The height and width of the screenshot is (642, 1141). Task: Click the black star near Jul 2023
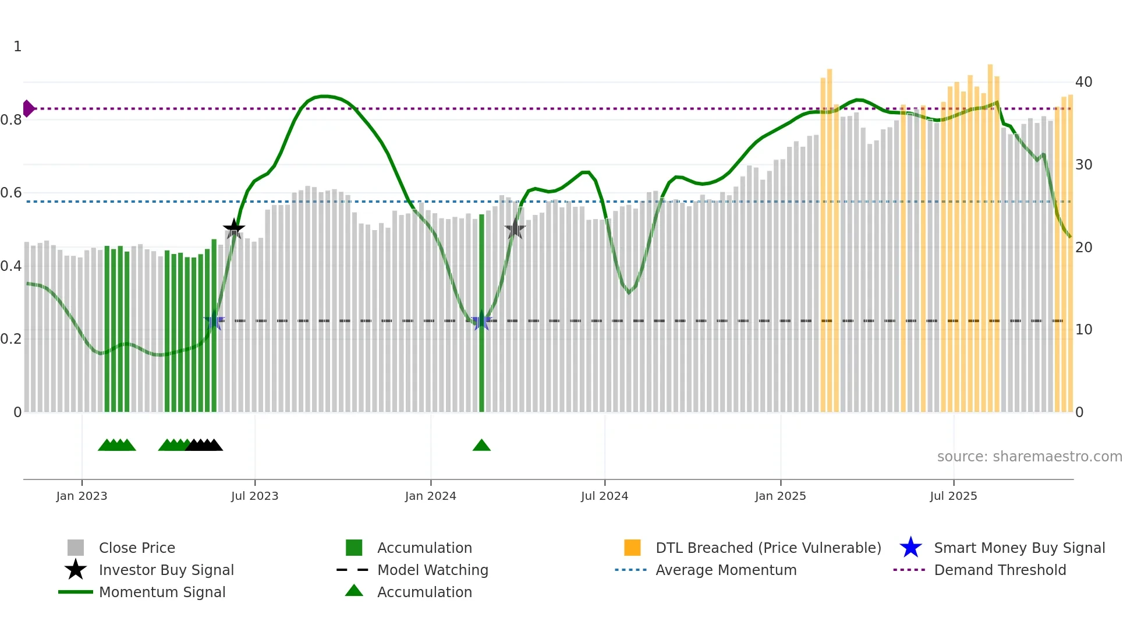click(x=234, y=228)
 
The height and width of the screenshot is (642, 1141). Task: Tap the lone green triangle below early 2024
click(x=481, y=446)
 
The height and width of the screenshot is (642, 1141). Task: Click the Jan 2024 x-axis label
click(x=430, y=496)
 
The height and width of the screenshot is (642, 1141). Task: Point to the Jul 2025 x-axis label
click(x=953, y=496)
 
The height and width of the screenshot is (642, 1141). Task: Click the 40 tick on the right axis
click(x=1083, y=82)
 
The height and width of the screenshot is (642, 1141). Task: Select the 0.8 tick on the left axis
click(x=11, y=120)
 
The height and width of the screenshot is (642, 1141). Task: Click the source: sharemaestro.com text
click(x=1029, y=457)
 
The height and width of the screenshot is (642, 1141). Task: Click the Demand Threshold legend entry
click(x=1000, y=570)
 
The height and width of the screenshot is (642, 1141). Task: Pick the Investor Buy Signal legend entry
click(x=166, y=570)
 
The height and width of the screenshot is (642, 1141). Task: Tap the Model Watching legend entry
click(x=432, y=570)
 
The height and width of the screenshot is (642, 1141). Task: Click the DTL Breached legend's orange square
click(x=632, y=548)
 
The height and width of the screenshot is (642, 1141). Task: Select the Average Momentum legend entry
click(x=725, y=570)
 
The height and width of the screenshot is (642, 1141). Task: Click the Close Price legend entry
click(x=136, y=548)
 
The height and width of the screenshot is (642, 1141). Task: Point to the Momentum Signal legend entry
click(x=162, y=592)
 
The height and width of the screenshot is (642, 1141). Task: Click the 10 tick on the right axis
click(x=1083, y=330)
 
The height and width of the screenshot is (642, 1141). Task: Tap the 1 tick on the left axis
click(x=17, y=47)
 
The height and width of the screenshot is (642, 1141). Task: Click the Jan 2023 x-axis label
click(x=81, y=496)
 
